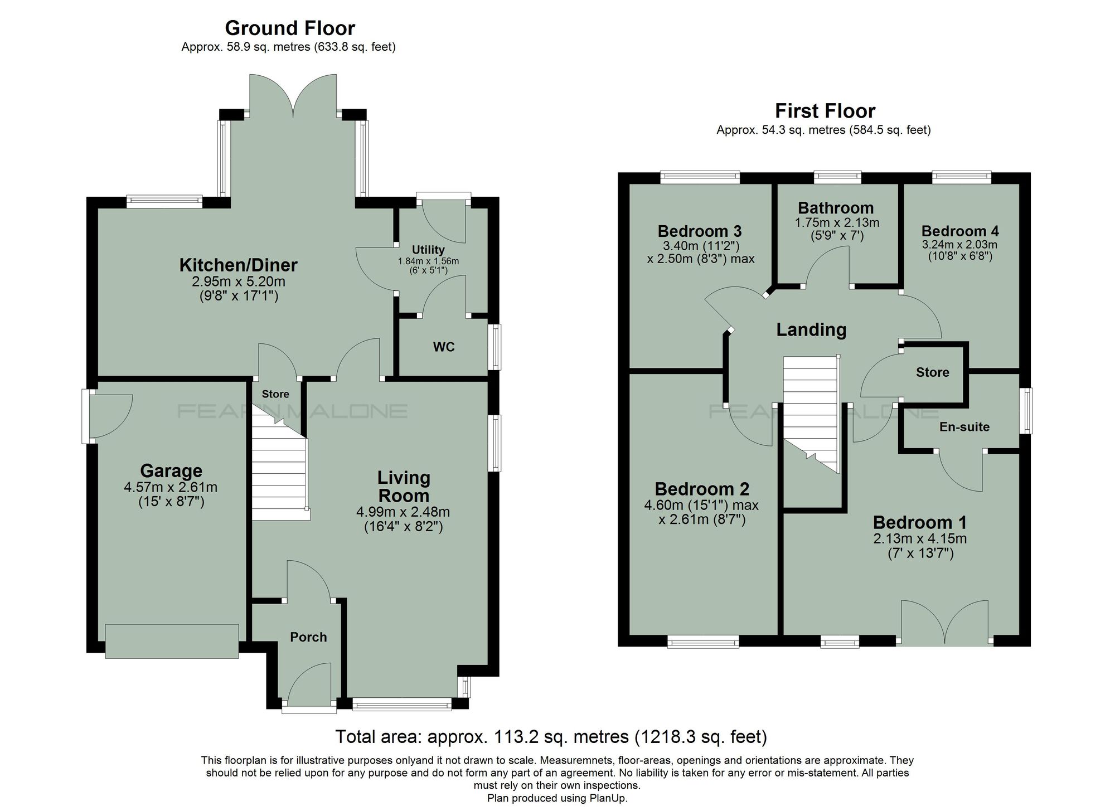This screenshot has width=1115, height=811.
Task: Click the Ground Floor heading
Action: tap(289, 28)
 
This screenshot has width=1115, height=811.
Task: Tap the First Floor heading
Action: tap(825, 111)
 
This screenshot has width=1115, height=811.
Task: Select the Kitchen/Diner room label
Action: tap(238, 265)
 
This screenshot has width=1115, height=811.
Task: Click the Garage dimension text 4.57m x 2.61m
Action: tap(171, 487)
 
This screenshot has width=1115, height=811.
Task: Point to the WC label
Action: tap(444, 347)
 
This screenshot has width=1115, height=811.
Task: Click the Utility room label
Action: tap(428, 250)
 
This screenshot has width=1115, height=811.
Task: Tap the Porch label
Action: tap(308, 637)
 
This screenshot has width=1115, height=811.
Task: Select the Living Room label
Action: tap(404, 487)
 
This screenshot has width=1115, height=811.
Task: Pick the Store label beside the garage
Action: tap(275, 394)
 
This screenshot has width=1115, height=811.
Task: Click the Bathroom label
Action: tap(836, 208)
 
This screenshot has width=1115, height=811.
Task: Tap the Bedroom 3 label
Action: tap(699, 231)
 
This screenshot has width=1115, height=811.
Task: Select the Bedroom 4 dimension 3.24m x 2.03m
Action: tap(959, 245)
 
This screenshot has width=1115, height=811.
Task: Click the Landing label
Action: tap(811, 329)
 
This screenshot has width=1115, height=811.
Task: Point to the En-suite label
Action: tap(964, 427)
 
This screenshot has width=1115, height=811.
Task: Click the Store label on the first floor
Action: tap(932, 372)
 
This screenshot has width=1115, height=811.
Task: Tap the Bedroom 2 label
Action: tap(701, 489)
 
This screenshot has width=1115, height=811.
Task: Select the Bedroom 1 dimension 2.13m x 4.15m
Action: tap(920, 539)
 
